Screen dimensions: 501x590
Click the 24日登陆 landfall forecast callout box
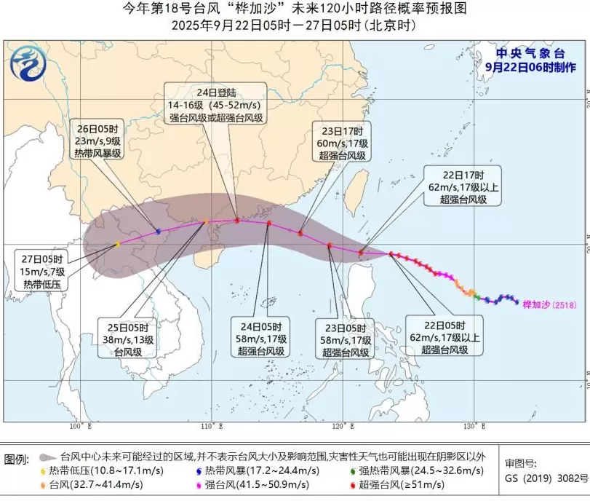216,105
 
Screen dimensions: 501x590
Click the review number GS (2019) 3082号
546,478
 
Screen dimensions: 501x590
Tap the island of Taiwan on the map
356,186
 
